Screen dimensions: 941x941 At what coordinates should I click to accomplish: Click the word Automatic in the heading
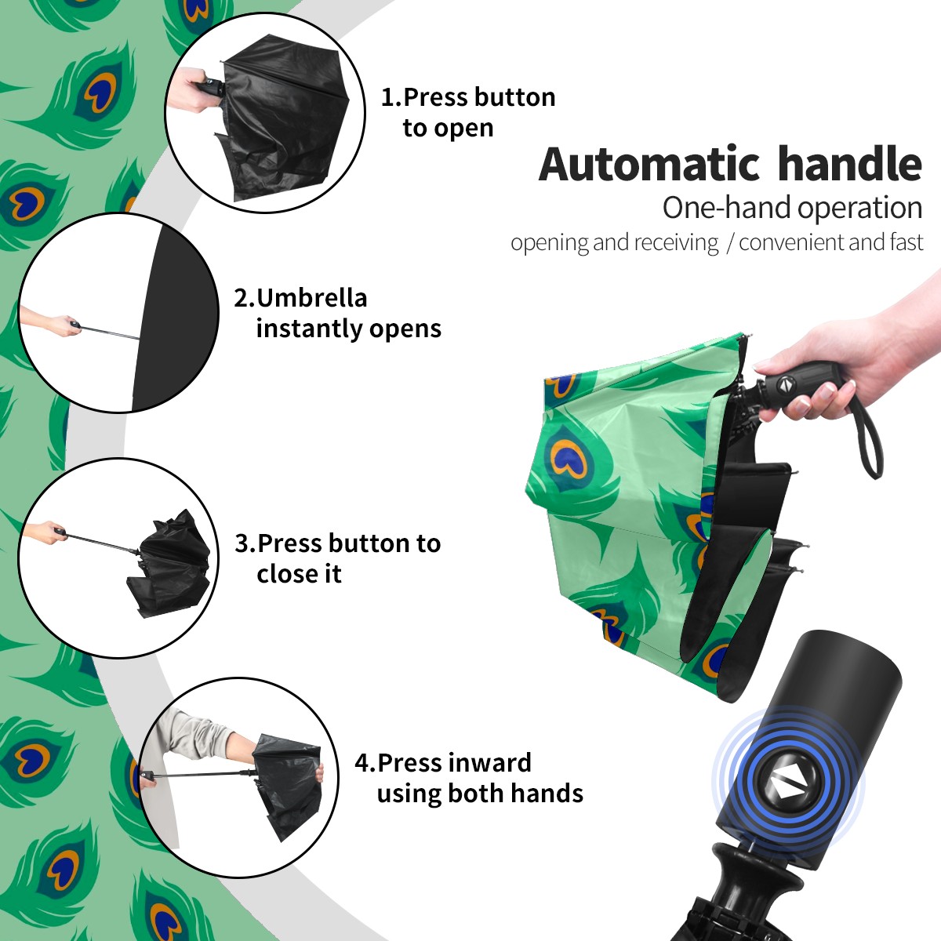coord(649,165)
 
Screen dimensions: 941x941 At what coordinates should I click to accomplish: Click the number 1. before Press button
coord(391,98)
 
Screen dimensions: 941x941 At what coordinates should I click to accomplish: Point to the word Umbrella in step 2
coord(311,298)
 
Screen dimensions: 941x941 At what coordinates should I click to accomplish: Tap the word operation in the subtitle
coord(860,209)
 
